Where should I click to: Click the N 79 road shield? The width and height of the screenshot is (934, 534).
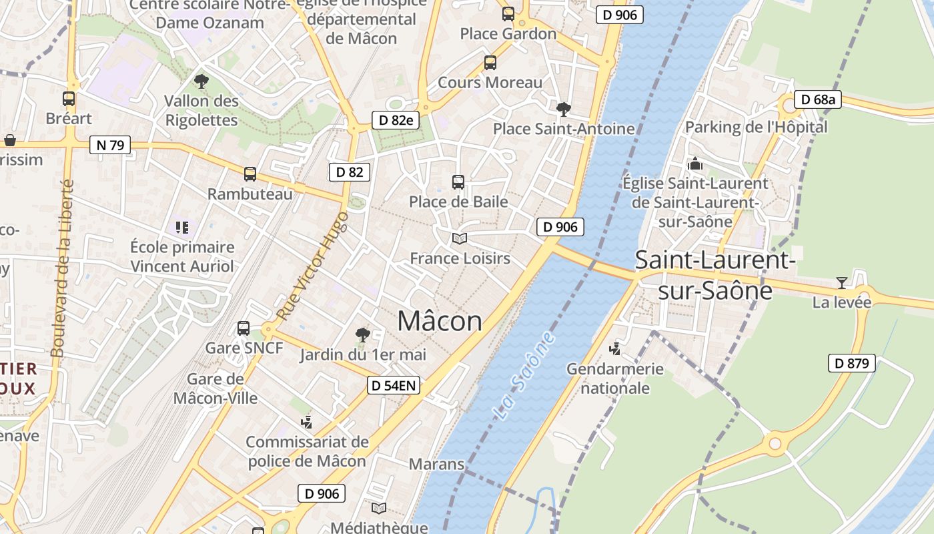110,145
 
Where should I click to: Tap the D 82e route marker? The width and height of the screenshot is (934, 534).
395,120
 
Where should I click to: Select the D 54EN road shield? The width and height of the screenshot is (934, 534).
394,385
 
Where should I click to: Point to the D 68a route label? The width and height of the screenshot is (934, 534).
817,100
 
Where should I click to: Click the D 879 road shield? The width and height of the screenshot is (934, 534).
852,363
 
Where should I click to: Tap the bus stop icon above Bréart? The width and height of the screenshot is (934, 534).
69,99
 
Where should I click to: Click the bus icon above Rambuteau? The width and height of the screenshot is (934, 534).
250,174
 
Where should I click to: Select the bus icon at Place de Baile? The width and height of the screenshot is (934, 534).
458,182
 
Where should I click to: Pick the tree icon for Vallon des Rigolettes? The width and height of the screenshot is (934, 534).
201,81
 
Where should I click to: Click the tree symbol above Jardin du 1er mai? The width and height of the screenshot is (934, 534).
362,334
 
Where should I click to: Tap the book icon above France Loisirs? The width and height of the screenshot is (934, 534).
459,238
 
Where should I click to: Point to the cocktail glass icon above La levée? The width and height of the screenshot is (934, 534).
841,283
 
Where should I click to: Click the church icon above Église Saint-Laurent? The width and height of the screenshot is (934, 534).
695,164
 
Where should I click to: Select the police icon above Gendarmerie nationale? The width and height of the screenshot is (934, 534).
614,348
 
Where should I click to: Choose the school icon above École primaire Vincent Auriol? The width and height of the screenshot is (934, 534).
182,228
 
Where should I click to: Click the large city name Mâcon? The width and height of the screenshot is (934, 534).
439,322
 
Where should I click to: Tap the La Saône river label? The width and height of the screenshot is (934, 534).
525,375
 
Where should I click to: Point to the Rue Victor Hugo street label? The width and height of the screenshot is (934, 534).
312,266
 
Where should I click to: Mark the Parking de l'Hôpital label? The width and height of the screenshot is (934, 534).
756,127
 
